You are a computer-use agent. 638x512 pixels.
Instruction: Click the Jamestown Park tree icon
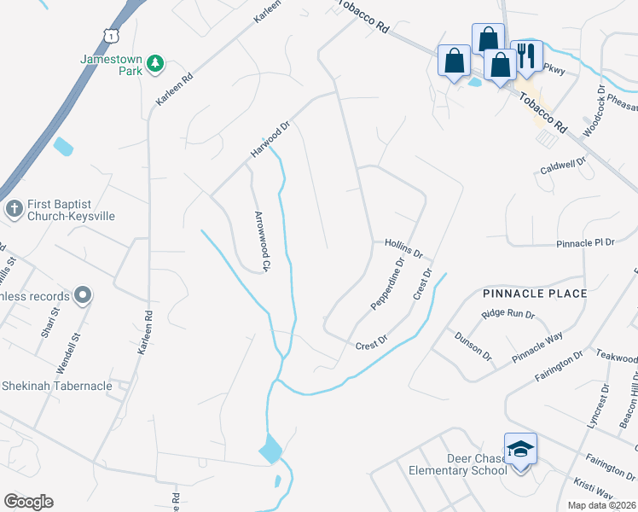click(x=155, y=62)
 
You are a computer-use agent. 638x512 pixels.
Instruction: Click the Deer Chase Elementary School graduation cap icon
click(x=520, y=450)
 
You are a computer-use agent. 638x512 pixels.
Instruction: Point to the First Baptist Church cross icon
click(x=14, y=208)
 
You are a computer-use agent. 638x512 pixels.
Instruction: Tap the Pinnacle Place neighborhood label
click(x=534, y=294)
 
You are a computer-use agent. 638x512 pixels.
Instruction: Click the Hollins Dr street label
click(x=403, y=248)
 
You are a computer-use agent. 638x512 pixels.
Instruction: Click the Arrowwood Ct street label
click(x=260, y=241)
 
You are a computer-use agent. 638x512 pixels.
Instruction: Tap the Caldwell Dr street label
click(x=564, y=166)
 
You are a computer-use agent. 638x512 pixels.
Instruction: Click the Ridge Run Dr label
click(x=507, y=314)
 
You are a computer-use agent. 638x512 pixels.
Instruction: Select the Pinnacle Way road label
click(x=537, y=348)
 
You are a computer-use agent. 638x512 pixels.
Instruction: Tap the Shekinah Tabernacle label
click(x=56, y=386)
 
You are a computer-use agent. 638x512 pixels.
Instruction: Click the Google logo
click(x=28, y=502)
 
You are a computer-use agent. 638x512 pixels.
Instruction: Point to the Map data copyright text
click(x=601, y=505)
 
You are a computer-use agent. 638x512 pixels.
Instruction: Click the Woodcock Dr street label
click(x=594, y=110)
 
